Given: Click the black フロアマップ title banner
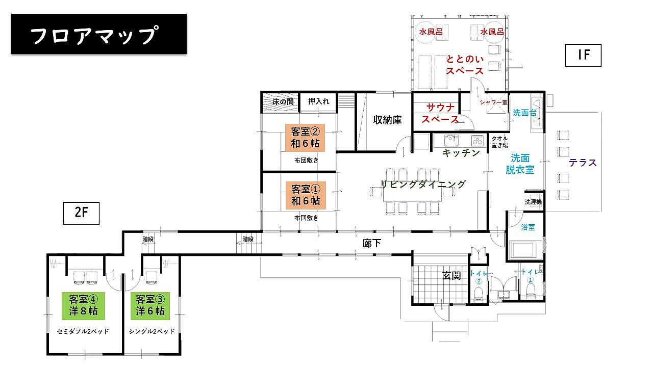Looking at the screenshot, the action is pos(99,34).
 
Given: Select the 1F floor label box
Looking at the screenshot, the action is pos(583,56).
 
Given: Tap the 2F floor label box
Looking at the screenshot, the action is pos(81,213).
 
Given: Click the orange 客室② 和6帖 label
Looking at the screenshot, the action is pos(305,138).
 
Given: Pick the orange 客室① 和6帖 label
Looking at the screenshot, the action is pos(306,195).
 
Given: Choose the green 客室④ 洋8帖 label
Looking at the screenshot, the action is pos(83,306).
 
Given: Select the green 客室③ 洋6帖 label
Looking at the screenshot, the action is pos(150,306).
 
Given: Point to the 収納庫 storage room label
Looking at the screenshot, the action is pos(387,120).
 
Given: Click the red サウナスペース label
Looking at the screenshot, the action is pos(440,114).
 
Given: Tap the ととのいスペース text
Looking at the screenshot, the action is pos(465,65).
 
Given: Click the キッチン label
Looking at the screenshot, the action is pos(461,152).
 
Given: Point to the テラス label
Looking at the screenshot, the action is pos(583,163).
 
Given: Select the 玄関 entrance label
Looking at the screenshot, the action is pos(451,276).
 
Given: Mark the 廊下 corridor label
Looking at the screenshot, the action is pos(371,243).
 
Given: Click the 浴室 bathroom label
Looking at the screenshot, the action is pos(528,227).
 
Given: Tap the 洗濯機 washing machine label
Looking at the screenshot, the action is pos(533,202).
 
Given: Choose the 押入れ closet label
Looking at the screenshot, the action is pos(319,101).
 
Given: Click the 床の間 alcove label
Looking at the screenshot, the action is pos(283,102).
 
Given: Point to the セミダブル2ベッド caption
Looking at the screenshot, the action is pos(83,331).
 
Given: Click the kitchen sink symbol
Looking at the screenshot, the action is pos(451,140).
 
